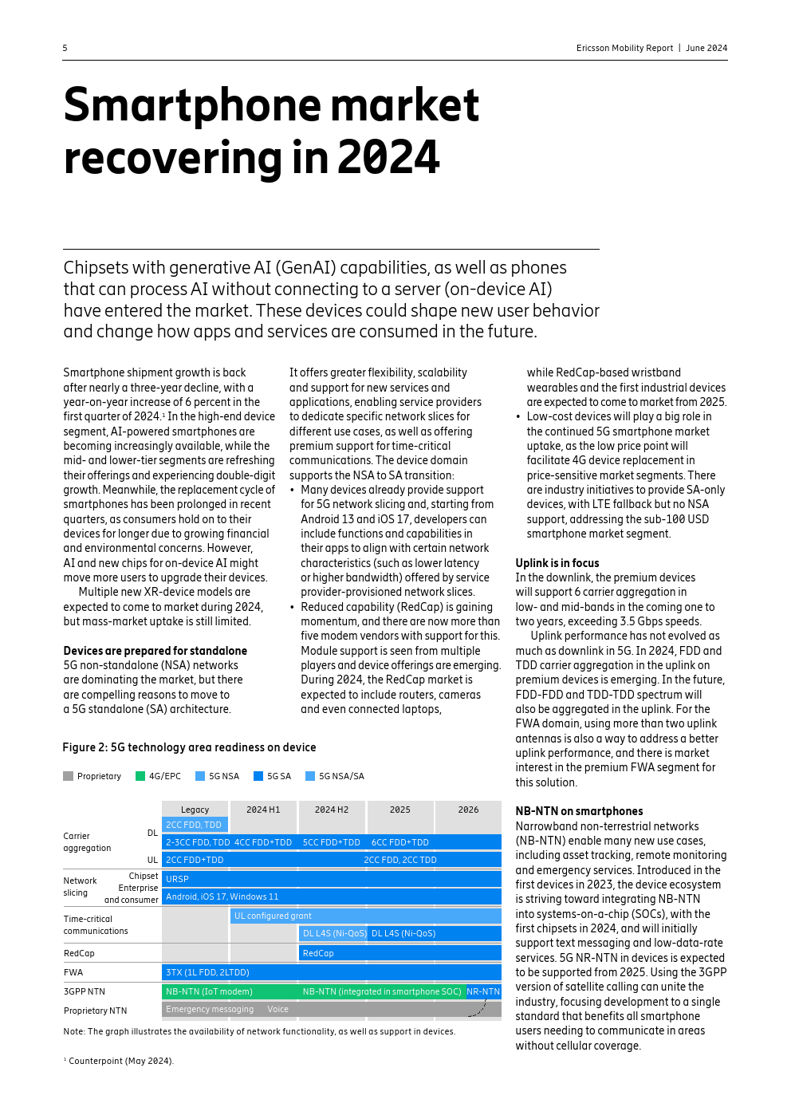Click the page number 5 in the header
coord(65,48)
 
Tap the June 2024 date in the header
coord(706,48)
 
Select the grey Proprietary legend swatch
coord(68,776)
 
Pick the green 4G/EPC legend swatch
coord(140,776)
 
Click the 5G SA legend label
coord(279,776)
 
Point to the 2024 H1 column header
coord(263,810)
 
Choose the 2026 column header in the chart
coord(468,810)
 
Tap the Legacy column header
coord(195,810)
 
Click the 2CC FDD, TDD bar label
coord(194,825)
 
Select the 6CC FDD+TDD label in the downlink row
coord(400,842)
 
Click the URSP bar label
coord(177,879)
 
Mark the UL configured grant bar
coord(273,916)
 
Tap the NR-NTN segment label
coord(483,991)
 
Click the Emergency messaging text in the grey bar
coord(210,1009)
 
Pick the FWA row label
coord(73,972)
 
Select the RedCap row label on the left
coord(79,953)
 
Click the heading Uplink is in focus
coord(557,563)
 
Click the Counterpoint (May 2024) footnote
coord(120,1061)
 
